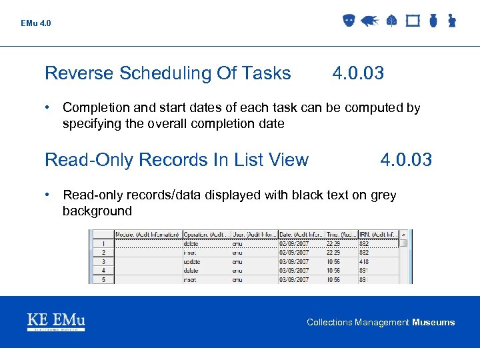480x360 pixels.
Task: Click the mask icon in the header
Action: click(x=349, y=21)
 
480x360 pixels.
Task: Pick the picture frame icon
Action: click(x=413, y=21)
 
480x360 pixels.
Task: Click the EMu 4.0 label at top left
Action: click(x=35, y=23)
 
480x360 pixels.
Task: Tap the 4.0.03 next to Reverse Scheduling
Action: click(x=358, y=73)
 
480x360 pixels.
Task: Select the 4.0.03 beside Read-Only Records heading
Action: click(x=406, y=160)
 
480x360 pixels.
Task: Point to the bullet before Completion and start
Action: click(x=49, y=107)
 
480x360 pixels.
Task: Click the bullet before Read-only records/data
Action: click(x=49, y=195)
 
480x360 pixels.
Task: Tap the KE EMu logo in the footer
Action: click(x=56, y=321)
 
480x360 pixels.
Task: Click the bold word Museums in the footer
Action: click(x=433, y=323)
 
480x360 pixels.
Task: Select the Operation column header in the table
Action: click(x=206, y=235)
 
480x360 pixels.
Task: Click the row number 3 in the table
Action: click(x=103, y=262)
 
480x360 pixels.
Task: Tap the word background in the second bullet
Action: click(x=97, y=211)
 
